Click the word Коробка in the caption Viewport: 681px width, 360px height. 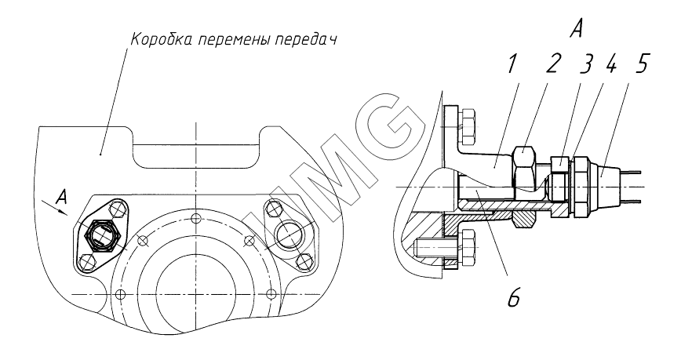[x=161, y=39]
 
